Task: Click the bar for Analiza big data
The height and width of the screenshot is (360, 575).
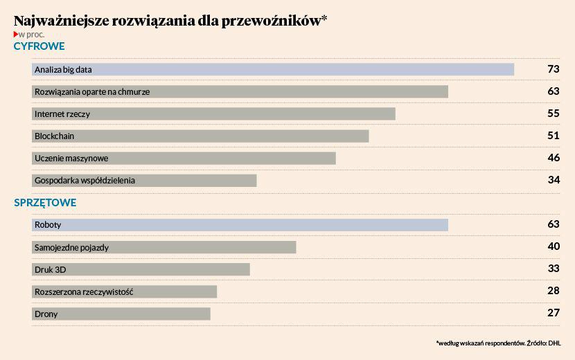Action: point(273,69)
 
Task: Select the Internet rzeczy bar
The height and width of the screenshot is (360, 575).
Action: point(213,114)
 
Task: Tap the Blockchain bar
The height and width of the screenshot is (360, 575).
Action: point(200,136)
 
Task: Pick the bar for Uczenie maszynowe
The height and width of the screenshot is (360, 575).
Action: point(184,158)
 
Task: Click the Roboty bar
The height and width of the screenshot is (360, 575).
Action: point(240,224)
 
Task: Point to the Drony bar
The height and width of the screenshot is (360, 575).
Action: point(121,314)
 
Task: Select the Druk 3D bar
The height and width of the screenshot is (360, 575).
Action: point(141,269)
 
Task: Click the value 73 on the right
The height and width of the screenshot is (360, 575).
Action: point(553,69)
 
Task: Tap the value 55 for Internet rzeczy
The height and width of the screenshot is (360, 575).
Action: point(553,114)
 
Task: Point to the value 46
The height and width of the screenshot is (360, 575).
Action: point(553,158)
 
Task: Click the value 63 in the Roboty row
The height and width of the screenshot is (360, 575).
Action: point(553,224)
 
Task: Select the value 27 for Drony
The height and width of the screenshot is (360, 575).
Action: point(553,313)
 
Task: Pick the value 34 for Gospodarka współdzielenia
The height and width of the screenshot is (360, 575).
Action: point(553,180)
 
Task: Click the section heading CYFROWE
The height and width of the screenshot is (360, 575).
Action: point(39,46)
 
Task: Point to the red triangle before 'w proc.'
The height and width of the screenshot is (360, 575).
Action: point(16,34)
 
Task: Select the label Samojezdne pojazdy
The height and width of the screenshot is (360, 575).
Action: point(72,247)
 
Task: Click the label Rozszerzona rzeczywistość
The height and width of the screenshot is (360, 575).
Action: point(83,291)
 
